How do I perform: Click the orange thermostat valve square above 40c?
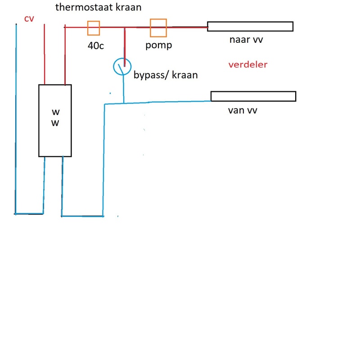(x=93, y=28)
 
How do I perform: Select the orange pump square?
(x=158, y=28)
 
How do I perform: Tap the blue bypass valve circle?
(x=121, y=67)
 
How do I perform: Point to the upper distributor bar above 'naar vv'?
(x=250, y=26)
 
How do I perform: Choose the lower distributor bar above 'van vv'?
(x=253, y=96)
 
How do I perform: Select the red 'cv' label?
(x=29, y=18)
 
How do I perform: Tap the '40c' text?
(x=95, y=45)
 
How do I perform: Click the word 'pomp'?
(x=158, y=45)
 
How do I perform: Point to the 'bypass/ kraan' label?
(x=166, y=75)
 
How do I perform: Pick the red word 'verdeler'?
(x=248, y=64)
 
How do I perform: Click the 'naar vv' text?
(x=246, y=40)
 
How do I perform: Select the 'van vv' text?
(x=243, y=110)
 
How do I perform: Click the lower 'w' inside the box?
(x=55, y=123)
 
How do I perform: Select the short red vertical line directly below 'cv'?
(x=44, y=54)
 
